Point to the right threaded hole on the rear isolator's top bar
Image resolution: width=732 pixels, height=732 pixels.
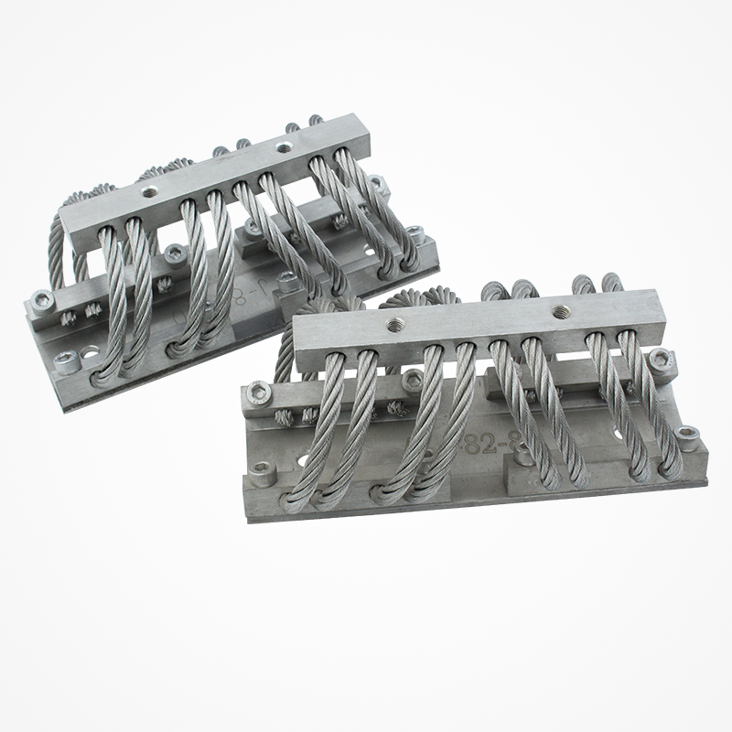tap(285, 145)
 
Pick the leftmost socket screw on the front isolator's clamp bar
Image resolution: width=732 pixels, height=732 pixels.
tap(259, 391)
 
